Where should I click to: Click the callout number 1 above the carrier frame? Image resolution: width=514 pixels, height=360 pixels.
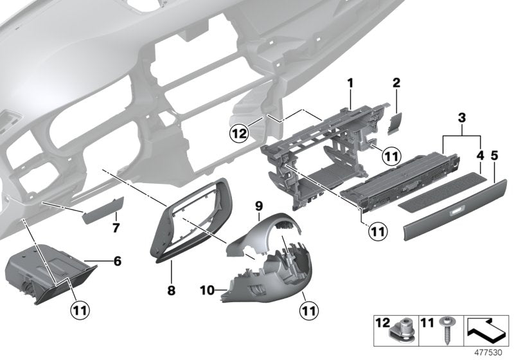click(x=351, y=82)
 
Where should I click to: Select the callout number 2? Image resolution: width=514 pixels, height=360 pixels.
click(x=396, y=82)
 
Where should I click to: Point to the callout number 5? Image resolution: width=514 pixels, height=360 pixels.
click(x=494, y=156)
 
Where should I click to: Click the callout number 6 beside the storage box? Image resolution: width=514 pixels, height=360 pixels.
click(x=117, y=262)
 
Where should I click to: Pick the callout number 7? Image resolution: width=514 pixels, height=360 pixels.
click(x=116, y=228)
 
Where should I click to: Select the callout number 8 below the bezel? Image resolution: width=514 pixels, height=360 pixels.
click(x=171, y=291)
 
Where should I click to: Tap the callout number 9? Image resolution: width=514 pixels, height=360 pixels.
click(x=259, y=206)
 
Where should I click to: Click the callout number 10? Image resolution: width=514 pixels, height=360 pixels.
click(x=206, y=291)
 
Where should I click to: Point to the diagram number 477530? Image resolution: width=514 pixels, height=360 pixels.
click(x=490, y=354)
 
